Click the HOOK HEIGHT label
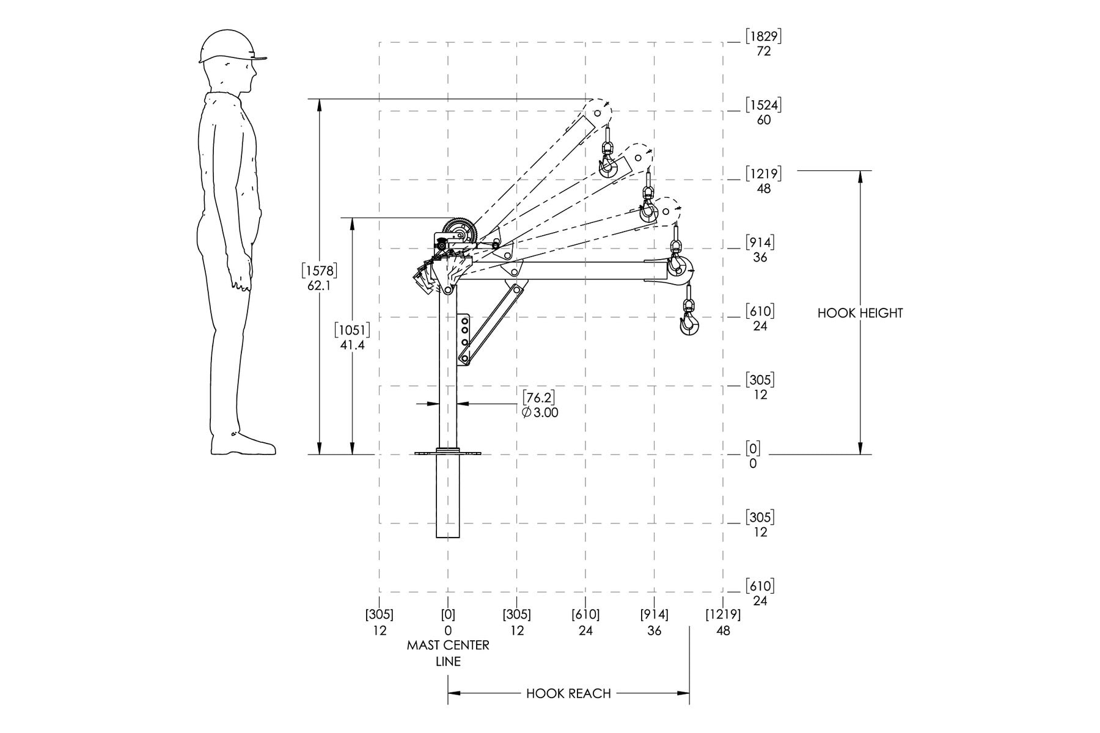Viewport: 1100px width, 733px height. [860, 313]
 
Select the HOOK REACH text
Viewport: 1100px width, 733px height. [568, 693]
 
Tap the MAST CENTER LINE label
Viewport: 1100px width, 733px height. [448, 653]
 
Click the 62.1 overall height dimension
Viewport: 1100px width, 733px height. [320, 277]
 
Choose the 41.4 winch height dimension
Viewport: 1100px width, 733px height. [352, 338]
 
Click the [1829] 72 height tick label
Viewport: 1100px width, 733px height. [763, 43]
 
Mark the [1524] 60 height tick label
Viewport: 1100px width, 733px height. [763, 112]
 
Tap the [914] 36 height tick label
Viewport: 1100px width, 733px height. [760, 250]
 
